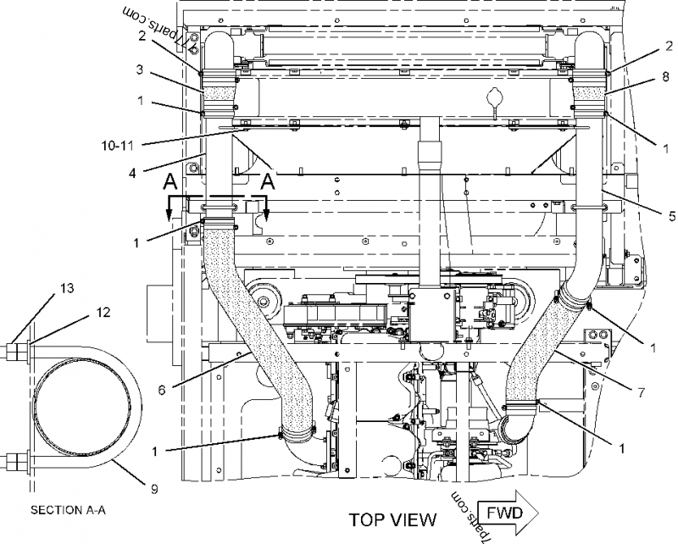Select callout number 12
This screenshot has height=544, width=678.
(102, 313)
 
